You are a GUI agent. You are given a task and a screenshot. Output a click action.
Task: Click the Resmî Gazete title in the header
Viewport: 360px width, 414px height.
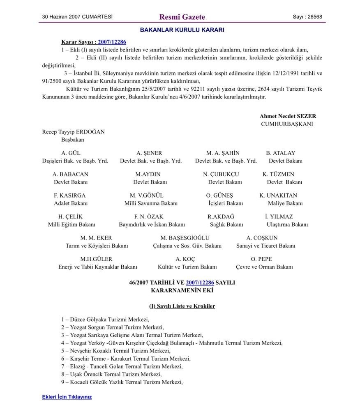pyautogui.click(x=182, y=17)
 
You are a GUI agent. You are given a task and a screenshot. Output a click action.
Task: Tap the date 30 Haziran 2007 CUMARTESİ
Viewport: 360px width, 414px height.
pyautogui.click(x=77, y=17)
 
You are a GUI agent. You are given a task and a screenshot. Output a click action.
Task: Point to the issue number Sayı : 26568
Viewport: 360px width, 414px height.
pyautogui.click(x=307, y=17)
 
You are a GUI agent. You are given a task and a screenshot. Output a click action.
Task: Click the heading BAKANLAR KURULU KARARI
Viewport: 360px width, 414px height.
pyautogui.click(x=182, y=30)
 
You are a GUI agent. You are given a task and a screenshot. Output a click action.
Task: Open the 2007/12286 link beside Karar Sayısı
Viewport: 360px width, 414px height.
pyautogui.click(x=112, y=42)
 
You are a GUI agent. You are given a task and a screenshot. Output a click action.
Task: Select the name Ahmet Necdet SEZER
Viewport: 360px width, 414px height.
pyautogui.click(x=288, y=116)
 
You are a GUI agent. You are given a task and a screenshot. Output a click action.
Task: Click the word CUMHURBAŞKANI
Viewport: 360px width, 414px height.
pyautogui.click(x=287, y=124)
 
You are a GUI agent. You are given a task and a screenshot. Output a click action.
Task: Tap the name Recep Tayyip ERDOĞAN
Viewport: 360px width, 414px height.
pyautogui.click(x=73, y=132)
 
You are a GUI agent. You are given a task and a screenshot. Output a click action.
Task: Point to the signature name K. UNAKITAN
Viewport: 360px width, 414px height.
pyautogui.click(x=278, y=195)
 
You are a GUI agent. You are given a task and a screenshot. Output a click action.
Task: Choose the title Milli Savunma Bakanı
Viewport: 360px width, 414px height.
pyautogui.click(x=151, y=203)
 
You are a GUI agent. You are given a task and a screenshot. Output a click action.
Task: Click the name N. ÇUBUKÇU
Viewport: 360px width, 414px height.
pyautogui.click(x=221, y=174)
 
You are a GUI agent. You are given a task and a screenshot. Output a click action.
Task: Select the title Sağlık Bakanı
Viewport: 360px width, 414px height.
pyautogui.click(x=226, y=225)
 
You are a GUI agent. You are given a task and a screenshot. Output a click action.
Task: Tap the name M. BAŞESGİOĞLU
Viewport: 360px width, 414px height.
pyautogui.click(x=185, y=238)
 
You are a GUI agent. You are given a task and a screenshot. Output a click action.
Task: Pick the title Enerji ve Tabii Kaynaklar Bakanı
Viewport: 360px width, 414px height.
pyautogui.click(x=97, y=267)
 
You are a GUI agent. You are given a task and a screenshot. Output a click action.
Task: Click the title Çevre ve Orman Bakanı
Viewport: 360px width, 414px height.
pyautogui.click(x=264, y=267)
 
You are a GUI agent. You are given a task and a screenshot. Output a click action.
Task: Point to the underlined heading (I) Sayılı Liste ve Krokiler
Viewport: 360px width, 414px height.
pyautogui.click(x=182, y=306)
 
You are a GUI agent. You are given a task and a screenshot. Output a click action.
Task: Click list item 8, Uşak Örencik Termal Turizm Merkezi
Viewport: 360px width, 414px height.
pyautogui.click(x=111, y=374)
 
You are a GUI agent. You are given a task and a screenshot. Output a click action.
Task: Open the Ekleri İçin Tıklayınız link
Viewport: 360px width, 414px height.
pyautogui.click(x=67, y=397)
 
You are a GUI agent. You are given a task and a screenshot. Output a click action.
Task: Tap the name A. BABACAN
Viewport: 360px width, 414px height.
pyautogui.click(x=70, y=174)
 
